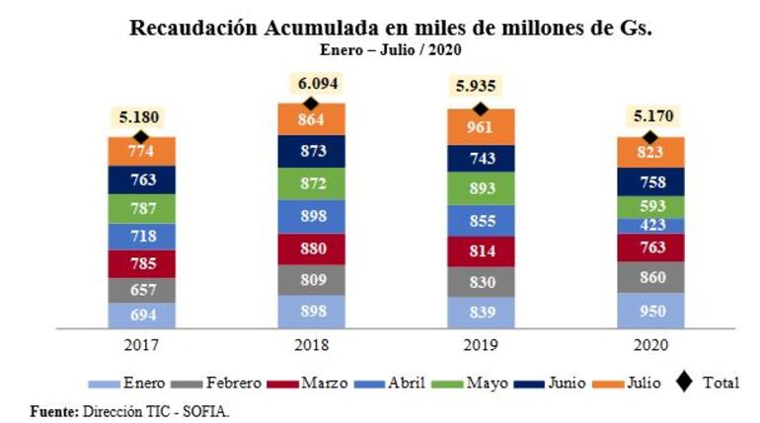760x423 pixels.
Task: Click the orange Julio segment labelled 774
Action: (142, 153)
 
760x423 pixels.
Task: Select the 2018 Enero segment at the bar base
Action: (311, 312)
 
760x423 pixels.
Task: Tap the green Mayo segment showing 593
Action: (649, 207)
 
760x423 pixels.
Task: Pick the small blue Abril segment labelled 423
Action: (649, 226)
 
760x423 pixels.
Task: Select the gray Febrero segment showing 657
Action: (142, 291)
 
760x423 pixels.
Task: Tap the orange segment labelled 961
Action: (481, 127)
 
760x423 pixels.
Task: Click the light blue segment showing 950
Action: (649, 312)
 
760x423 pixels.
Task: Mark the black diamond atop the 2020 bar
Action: (649, 137)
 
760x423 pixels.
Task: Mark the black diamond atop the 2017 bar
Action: (142, 137)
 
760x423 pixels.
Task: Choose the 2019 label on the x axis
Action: (481, 345)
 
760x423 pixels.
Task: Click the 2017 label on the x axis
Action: (142, 345)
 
